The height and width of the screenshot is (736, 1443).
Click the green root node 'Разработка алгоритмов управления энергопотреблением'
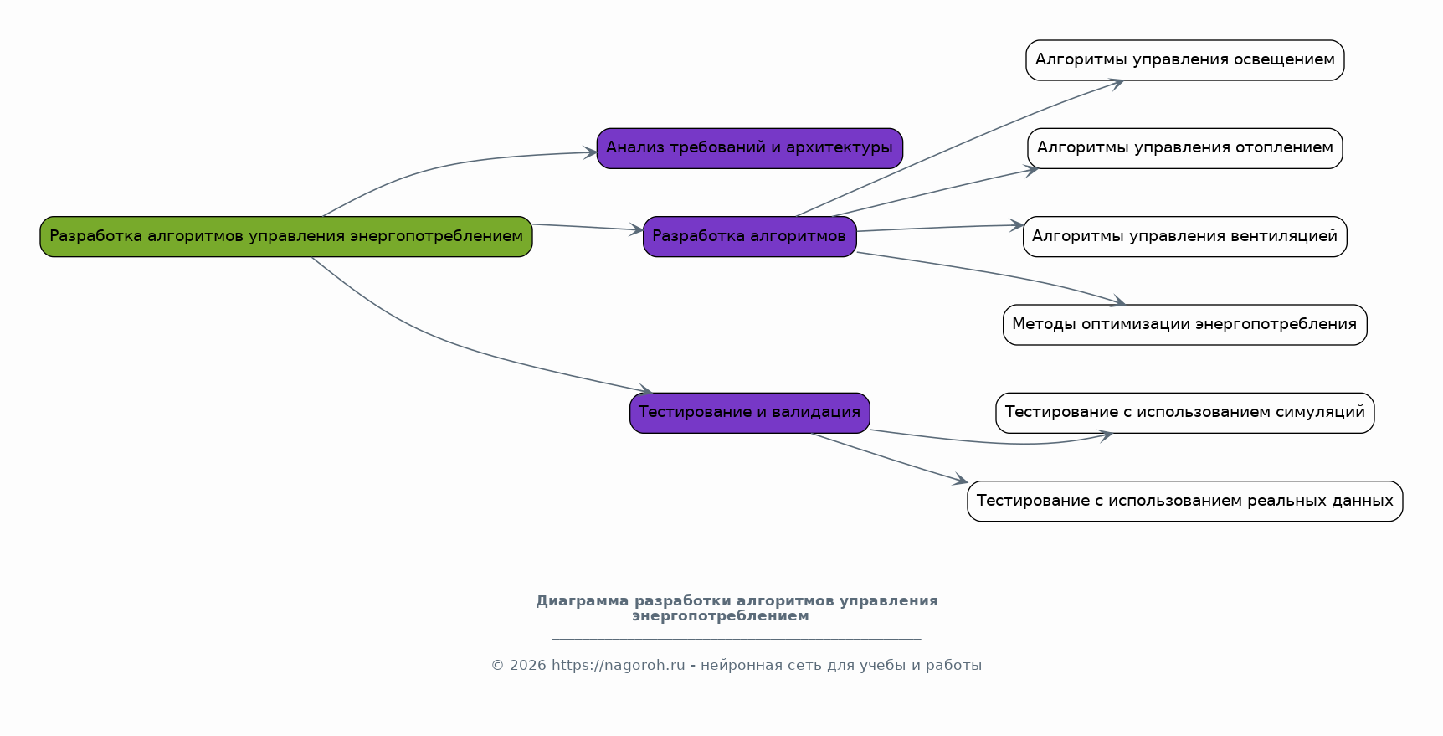285,236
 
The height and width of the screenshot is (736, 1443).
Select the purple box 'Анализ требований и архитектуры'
749,148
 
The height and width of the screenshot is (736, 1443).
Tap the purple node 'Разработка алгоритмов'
749,236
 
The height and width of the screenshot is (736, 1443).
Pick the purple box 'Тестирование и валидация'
749,413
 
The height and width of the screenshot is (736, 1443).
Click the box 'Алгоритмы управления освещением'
1184,60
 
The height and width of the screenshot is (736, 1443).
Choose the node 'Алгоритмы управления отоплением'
1184,148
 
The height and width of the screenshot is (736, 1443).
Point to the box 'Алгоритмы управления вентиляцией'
1184,236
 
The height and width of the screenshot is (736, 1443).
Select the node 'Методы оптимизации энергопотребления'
1184,325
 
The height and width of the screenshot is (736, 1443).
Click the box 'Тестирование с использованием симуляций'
1184,413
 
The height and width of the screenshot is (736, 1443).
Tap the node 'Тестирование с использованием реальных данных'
1184,501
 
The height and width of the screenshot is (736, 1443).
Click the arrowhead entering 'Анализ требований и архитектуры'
591,152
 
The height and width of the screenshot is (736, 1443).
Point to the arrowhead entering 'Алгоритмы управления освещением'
1117,82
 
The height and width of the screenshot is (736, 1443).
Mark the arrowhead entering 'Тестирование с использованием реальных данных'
962,481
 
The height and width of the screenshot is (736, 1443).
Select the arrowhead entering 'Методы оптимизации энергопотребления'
1118,301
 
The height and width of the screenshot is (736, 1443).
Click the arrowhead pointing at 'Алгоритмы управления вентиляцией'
1017,225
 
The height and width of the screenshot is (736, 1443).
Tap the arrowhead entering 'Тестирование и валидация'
646,390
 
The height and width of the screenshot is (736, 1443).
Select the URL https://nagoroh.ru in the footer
618,666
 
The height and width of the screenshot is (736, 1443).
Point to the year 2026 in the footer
527,666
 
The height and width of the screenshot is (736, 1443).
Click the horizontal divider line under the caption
737,639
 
